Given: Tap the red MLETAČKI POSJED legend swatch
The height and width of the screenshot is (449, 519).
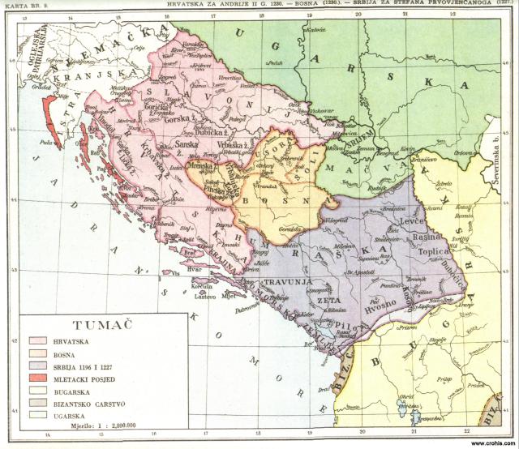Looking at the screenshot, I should pyautogui.click(x=38, y=378).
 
